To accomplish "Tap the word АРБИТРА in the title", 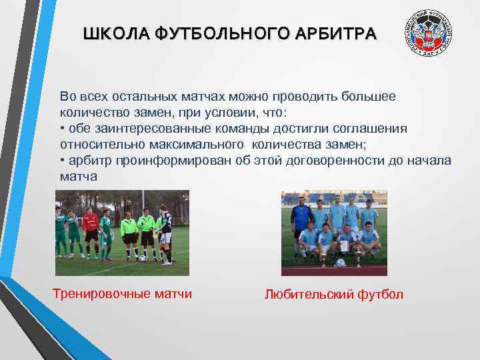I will tap(340, 34).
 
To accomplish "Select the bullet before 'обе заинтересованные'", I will tap(63, 129).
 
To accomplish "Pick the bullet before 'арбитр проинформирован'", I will tap(63, 161).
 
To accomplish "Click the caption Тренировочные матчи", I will tap(122, 294).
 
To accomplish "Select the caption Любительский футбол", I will tap(334, 294).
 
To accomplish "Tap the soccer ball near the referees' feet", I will tap(143, 258).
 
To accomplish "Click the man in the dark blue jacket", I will tap(301, 217).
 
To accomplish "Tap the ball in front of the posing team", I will tap(341, 263).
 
